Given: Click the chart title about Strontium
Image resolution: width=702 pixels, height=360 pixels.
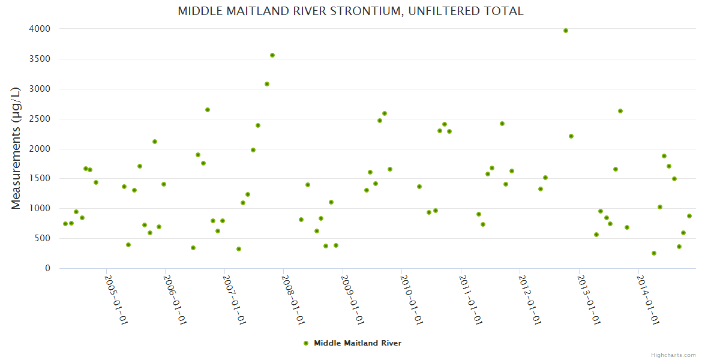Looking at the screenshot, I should pos(350,11).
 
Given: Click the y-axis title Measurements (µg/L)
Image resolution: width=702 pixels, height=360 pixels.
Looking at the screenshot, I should pos(16,148).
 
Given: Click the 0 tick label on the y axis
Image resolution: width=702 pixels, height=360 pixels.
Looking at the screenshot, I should pos(47,268).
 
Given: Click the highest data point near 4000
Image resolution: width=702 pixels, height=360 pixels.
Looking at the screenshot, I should pos(566,31).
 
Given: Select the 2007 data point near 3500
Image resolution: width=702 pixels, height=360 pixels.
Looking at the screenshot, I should pos(272,55).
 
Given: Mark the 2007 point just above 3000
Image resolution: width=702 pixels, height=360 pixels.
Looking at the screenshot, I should pos(267,84).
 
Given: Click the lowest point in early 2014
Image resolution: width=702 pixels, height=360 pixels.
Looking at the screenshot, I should pos(654,253).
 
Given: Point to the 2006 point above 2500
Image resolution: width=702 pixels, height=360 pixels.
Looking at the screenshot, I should pos(208,110).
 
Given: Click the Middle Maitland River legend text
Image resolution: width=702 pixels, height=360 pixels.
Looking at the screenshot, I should pos(358,343).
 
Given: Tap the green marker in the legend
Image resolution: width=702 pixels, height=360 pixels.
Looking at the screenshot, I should pos(306,343).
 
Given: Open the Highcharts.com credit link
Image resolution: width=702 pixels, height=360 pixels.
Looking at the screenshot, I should pos(673,355).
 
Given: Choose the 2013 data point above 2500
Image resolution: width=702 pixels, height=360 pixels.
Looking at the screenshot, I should pos(620,111).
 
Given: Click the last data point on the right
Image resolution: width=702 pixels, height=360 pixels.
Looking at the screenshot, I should pos(689,216).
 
